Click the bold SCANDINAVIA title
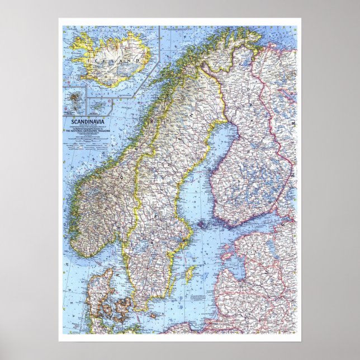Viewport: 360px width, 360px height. click(78, 120)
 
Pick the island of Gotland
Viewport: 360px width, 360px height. click(191, 274)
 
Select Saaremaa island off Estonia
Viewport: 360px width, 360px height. click(229, 258)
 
